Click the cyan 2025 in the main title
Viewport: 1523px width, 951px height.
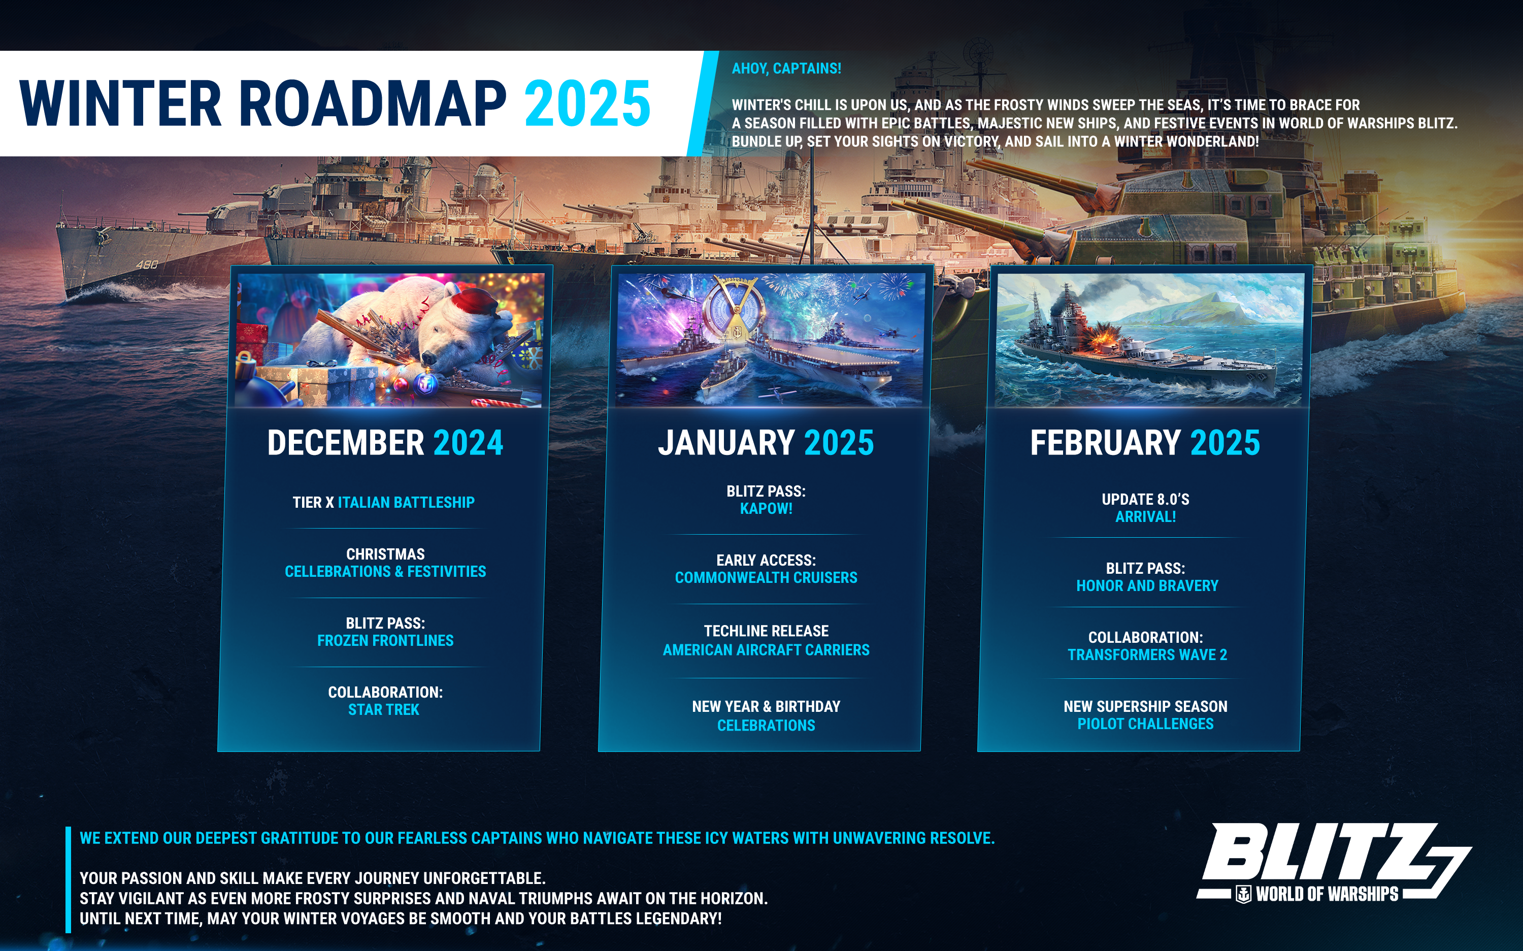click(587, 103)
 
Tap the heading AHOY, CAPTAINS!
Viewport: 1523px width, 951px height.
click(786, 69)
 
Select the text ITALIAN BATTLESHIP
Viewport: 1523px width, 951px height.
click(406, 503)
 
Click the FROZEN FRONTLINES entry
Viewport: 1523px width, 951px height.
click(385, 640)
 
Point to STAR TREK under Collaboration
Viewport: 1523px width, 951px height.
click(384, 709)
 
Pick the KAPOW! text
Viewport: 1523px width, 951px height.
click(766, 508)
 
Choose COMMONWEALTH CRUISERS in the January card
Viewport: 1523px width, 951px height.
click(766, 577)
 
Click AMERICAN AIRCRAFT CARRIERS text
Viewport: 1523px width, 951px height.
click(766, 650)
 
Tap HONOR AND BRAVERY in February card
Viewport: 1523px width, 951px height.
click(1147, 585)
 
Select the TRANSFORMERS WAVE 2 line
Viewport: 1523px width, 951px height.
click(1147, 655)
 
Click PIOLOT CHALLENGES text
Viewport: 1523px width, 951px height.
click(1145, 724)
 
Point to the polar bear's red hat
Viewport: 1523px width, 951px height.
click(479, 301)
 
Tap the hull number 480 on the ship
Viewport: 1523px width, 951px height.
click(147, 265)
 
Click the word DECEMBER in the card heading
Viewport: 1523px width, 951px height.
click(346, 443)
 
